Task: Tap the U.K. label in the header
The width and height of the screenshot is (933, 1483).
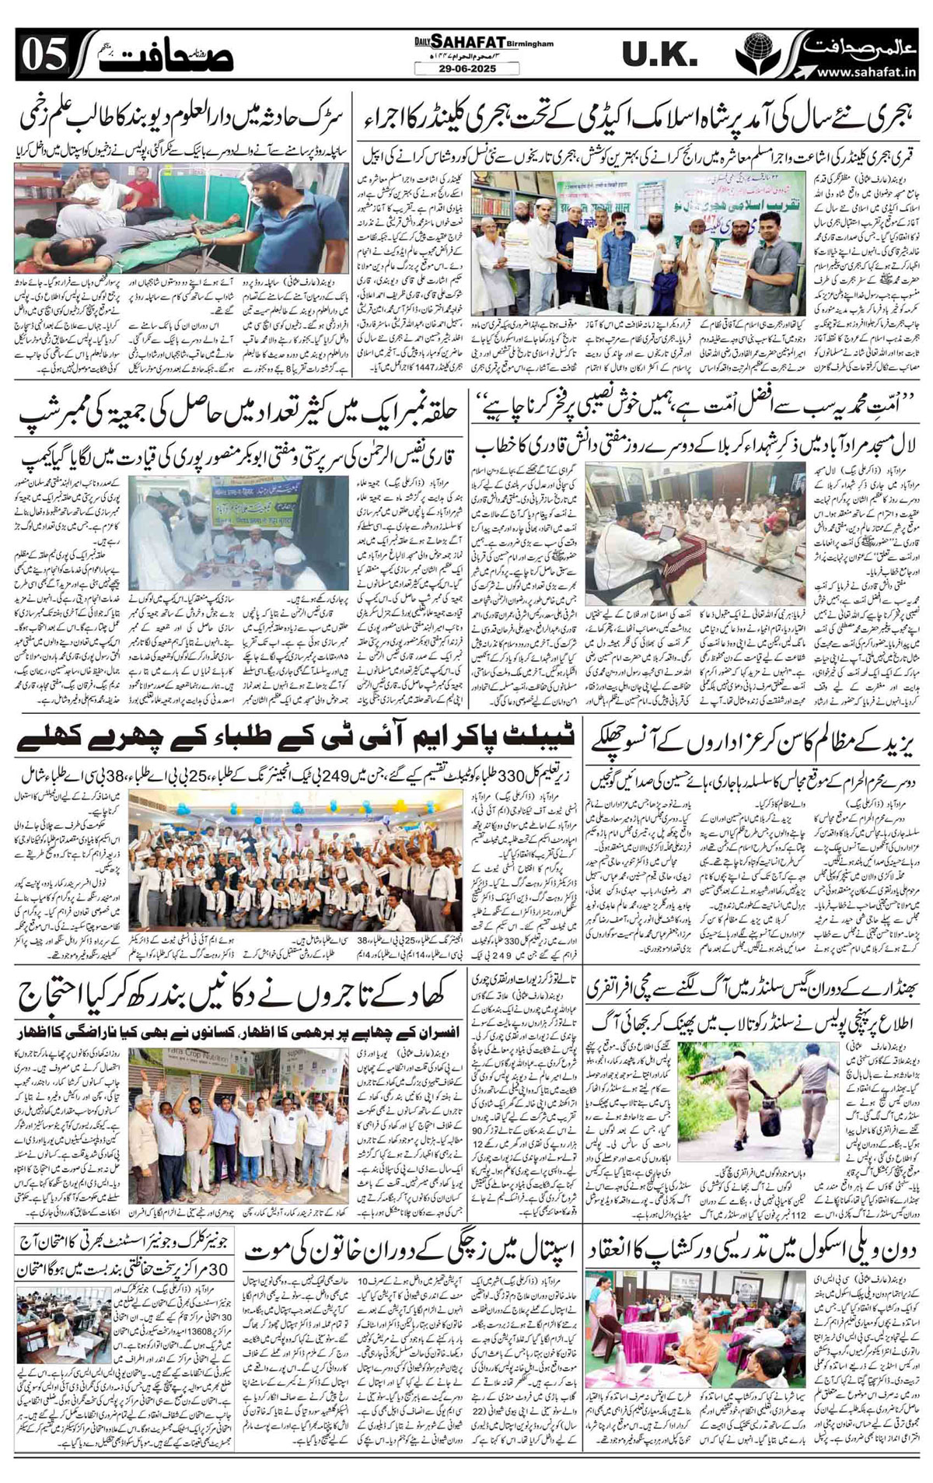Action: (x=659, y=54)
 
